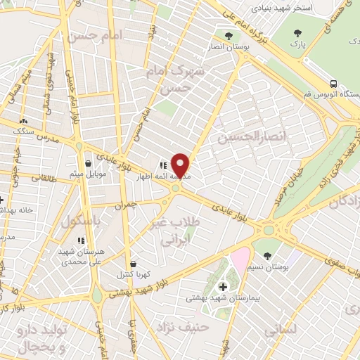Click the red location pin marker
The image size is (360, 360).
point(181,165)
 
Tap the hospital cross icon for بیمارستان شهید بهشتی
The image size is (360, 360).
point(224,286)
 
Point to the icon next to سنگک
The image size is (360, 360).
point(23,121)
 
